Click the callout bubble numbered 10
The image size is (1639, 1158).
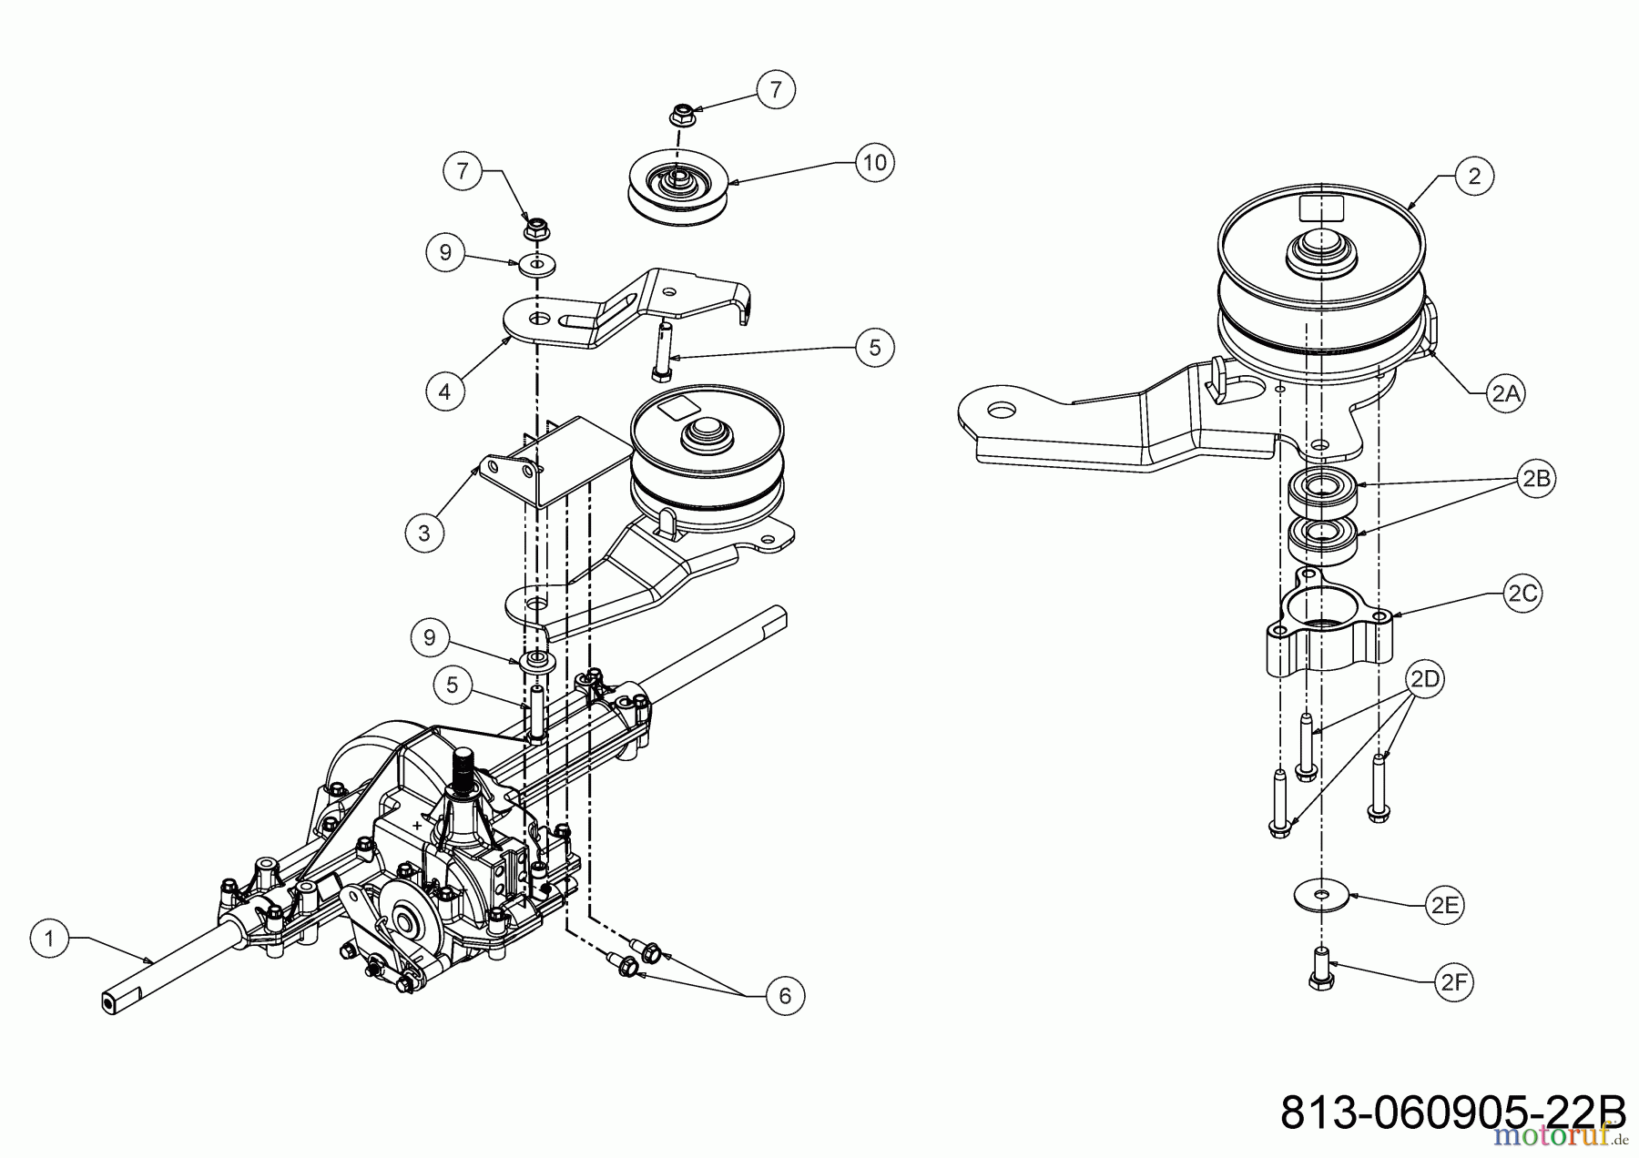point(874,163)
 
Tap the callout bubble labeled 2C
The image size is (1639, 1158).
point(1522,594)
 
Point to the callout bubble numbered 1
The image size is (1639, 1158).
point(50,939)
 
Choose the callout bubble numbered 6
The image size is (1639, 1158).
point(785,997)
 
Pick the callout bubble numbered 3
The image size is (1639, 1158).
point(424,532)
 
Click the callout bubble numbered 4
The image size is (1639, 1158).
point(444,391)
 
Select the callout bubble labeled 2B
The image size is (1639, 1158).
point(1536,479)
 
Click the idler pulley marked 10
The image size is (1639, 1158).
point(678,189)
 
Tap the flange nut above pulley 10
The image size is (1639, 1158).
point(678,115)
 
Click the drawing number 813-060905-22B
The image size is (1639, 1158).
point(1453,1112)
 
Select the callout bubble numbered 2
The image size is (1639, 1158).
point(1475,176)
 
